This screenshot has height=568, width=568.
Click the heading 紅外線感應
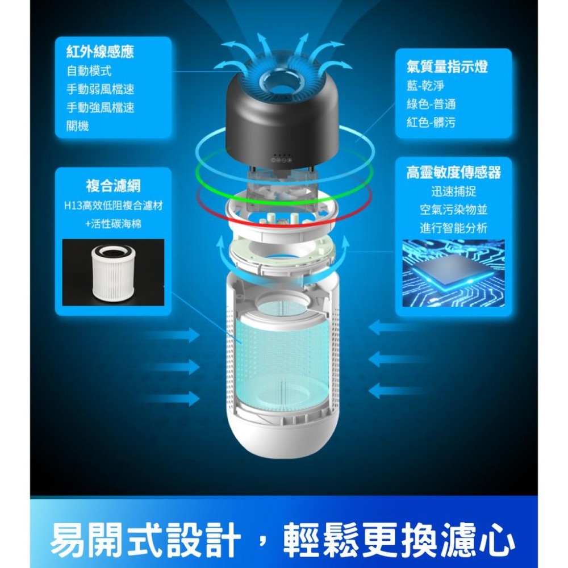[x=100, y=53]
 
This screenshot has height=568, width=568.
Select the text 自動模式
[x=89, y=71]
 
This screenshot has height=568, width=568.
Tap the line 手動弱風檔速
[x=100, y=89]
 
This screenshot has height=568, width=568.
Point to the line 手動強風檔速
[x=100, y=107]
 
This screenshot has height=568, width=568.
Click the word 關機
[x=78, y=126]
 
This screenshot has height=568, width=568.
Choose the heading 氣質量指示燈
[x=447, y=66]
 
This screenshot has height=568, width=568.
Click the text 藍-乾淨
[x=425, y=86]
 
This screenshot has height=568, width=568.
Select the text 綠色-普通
[x=431, y=104]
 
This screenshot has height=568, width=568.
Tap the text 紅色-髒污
[x=431, y=122]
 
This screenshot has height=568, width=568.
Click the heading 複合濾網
[x=113, y=185]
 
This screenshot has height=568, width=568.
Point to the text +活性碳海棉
[x=113, y=224]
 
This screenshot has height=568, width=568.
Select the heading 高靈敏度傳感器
[x=453, y=172]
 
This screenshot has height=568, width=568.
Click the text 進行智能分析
[x=453, y=228]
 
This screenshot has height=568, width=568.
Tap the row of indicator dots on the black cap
[x=282, y=156]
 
